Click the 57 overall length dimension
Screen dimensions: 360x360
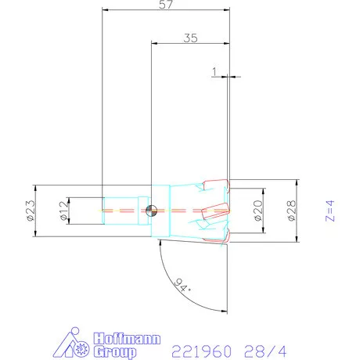165,5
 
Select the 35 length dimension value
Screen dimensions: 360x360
189,37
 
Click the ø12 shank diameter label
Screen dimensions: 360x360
63,210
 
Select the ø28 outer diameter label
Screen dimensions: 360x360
291,210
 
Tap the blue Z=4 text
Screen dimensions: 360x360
329,211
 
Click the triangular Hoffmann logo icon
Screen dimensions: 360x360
77,344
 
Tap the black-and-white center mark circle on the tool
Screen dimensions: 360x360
152,210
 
